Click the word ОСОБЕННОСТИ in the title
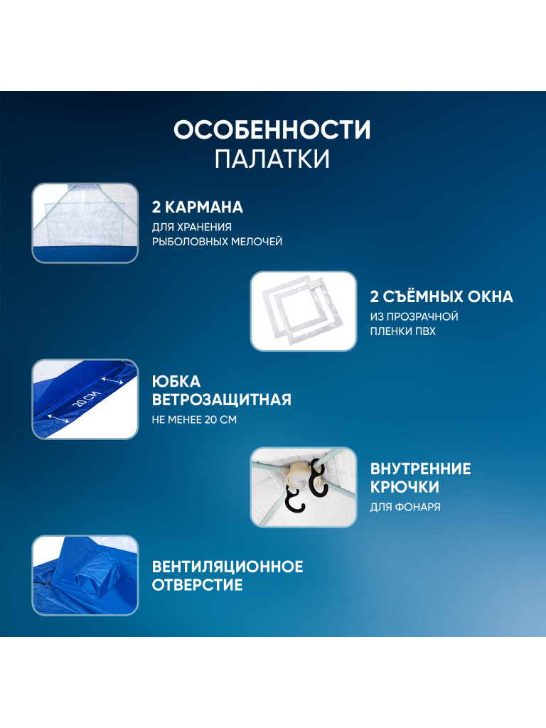(x=272, y=129)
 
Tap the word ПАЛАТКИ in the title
(x=272, y=159)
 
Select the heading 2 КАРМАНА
(x=198, y=207)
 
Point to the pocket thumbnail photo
(x=85, y=223)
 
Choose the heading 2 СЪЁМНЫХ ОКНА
(x=441, y=296)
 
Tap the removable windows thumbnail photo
(x=304, y=311)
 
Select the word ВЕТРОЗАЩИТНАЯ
(x=222, y=400)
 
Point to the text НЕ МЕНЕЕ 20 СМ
(x=194, y=419)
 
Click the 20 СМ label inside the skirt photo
(x=87, y=400)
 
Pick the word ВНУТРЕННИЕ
(x=421, y=469)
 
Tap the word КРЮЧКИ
(x=405, y=487)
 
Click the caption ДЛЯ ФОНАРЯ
(x=405, y=507)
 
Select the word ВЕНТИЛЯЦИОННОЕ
(x=227, y=567)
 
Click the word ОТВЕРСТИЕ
(x=198, y=585)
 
